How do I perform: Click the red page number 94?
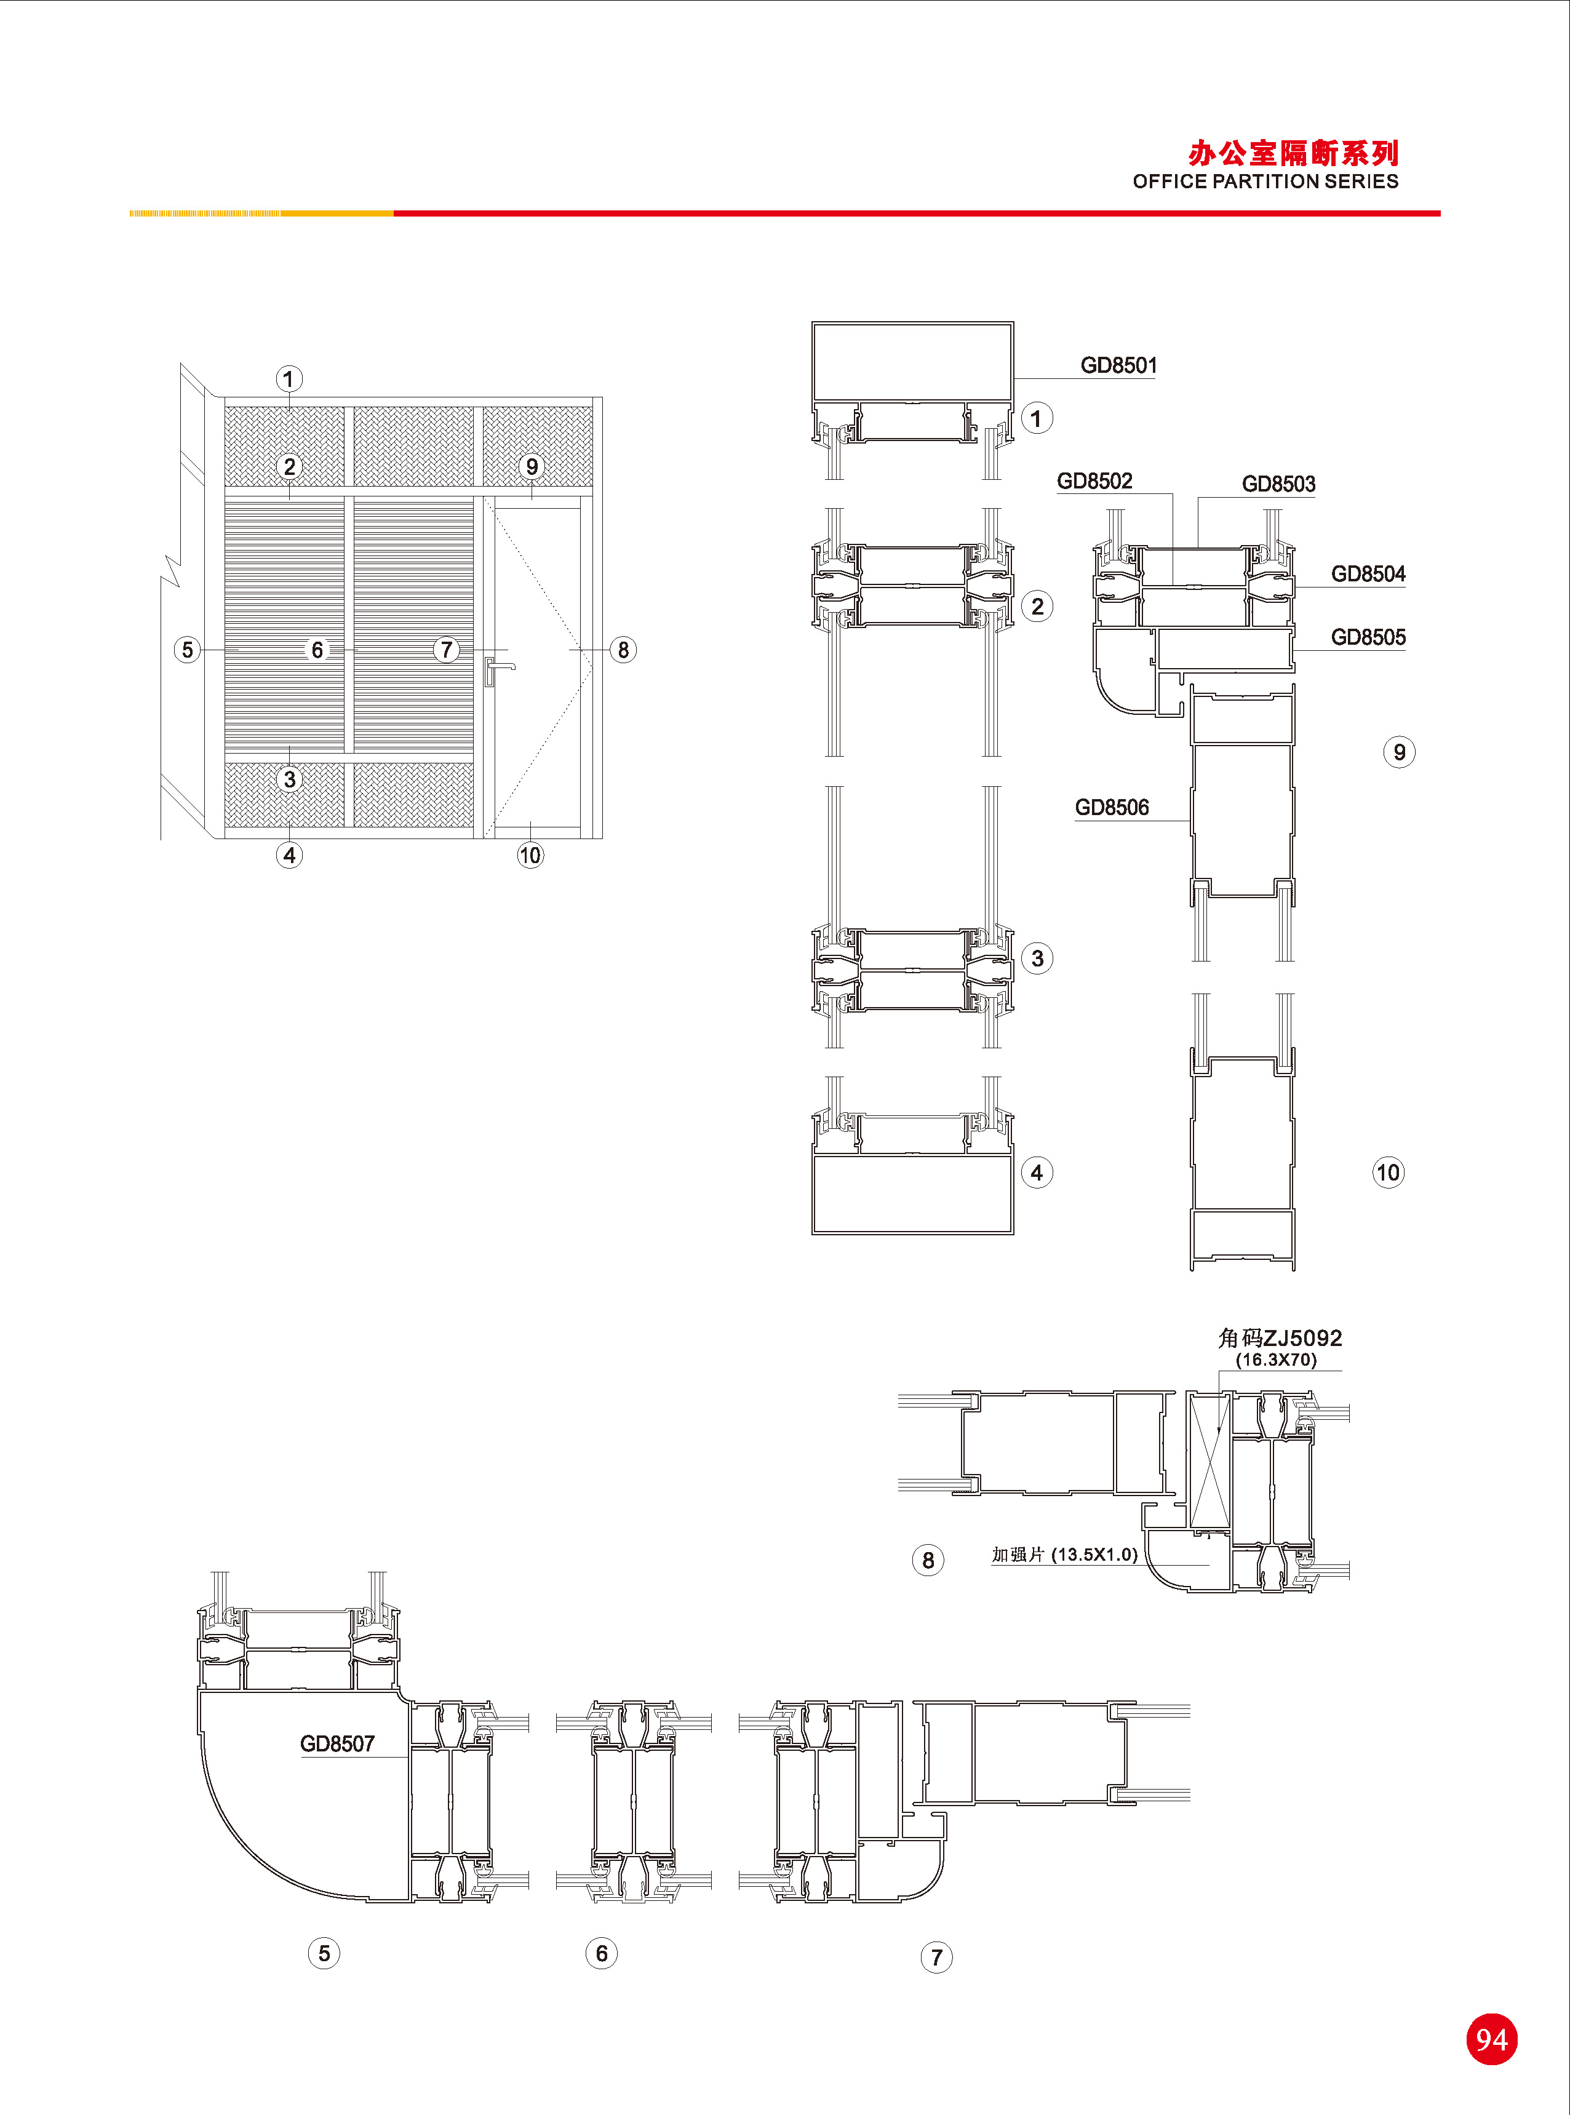(1491, 2039)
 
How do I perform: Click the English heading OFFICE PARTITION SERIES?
(1265, 181)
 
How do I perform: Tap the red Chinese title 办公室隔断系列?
(1293, 153)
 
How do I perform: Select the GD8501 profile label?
(1118, 366)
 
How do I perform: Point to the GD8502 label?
(1095, 481)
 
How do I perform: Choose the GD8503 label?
(1278, 485)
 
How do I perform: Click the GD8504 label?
(1368, 574)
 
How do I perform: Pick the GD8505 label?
(1368, 637)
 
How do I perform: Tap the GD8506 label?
(1112, 808)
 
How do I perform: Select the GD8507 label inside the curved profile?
(337, 1743)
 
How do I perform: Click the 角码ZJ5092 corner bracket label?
(1280, 1338)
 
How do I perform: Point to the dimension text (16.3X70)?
(1277, 1360)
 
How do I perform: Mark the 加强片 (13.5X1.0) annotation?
(1064, 1555)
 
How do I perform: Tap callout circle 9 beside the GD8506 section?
(1399, 752)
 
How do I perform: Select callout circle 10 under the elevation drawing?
(530, 855)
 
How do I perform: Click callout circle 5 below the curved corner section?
(324, 1953)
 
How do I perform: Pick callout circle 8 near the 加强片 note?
(928, 1560)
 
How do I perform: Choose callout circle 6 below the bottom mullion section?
(602, 1953)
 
